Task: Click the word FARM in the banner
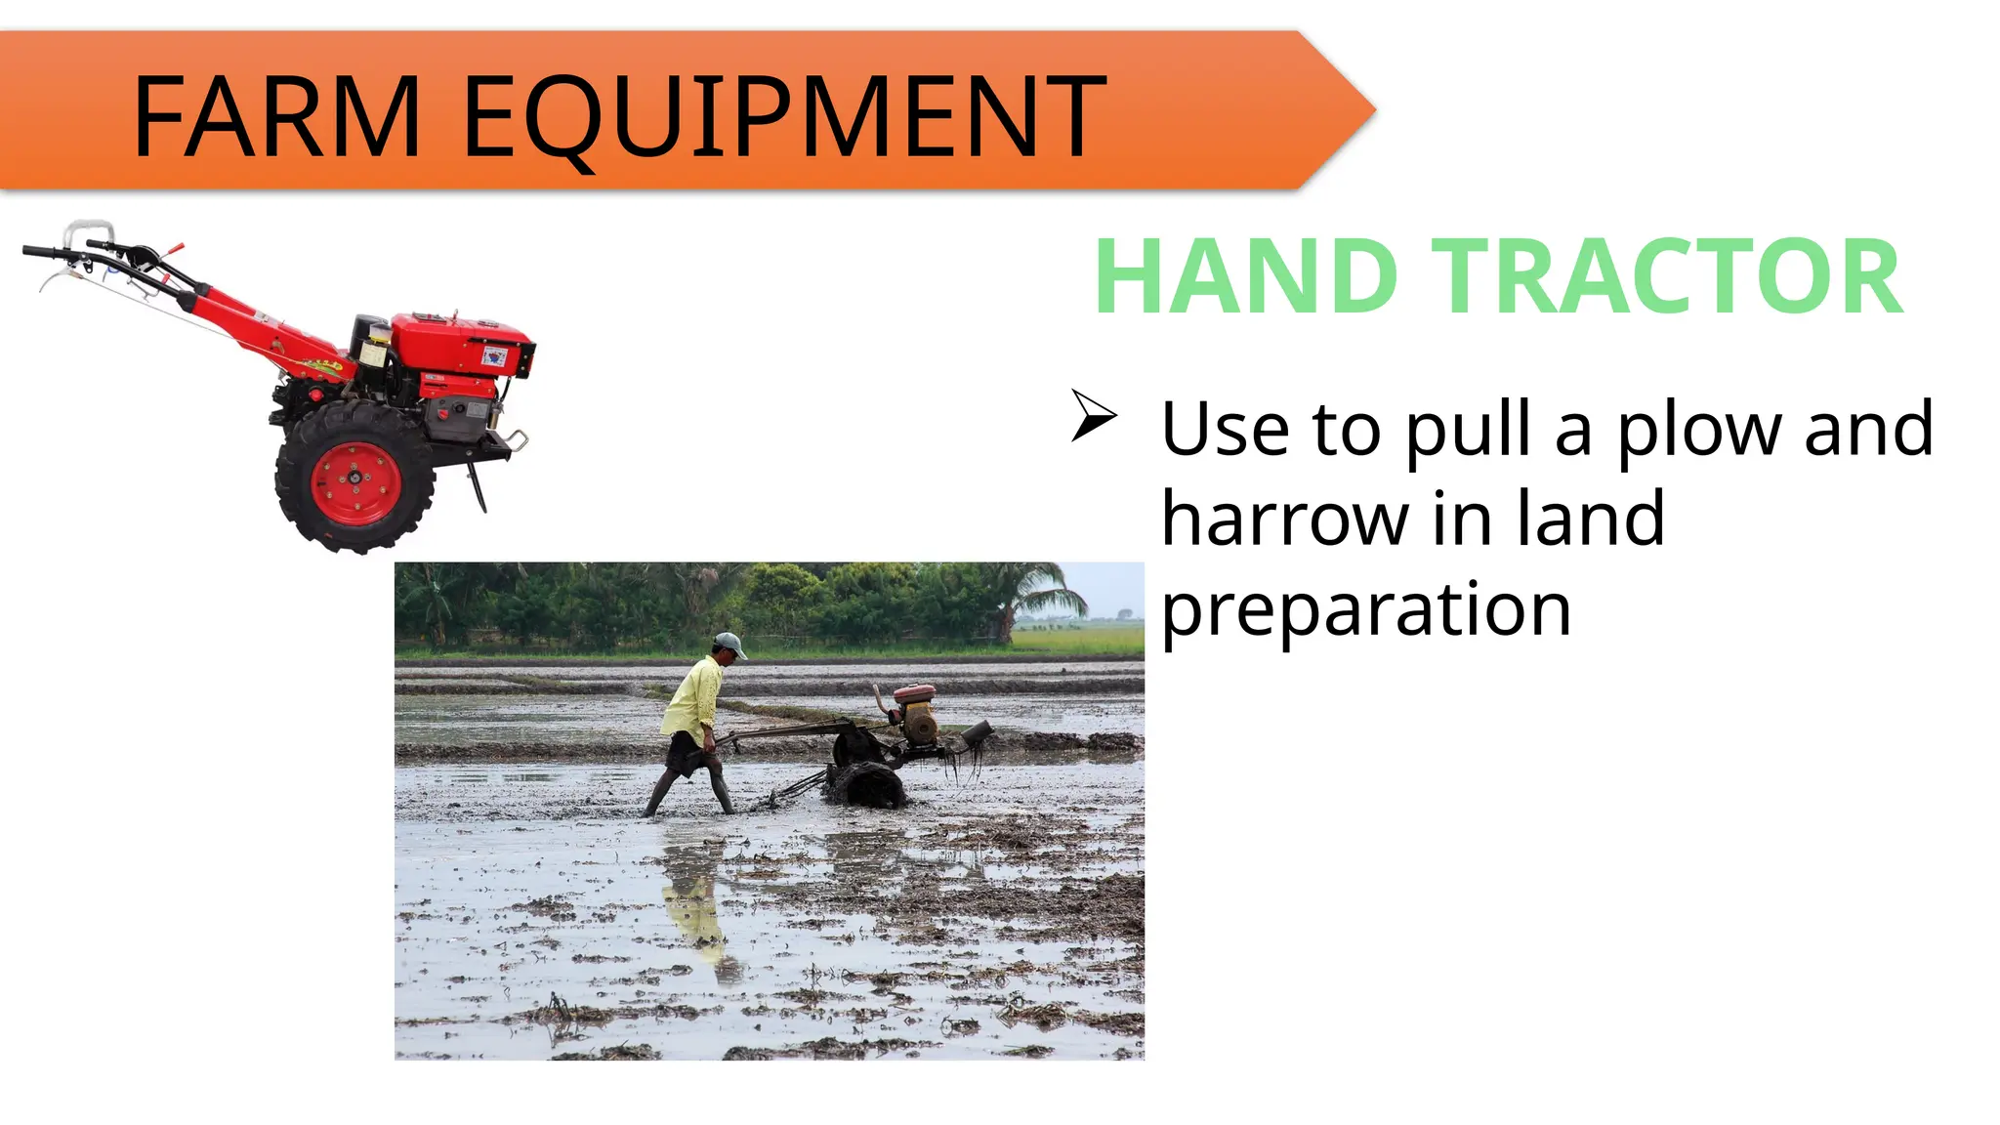pyautogui.click(x=276, y=117)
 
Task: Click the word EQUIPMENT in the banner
pyautogui.click(x=784, y=117)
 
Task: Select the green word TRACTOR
pyautogui.click(x=1666, y=277)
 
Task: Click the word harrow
pyautogui.click(x=1285, y=520)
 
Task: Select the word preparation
pyautogui.click(x=1365, y=609)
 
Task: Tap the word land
pyautogui.click(x=1590, y=520)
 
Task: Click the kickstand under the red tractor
pyautogui.click(x=478, y=487)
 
